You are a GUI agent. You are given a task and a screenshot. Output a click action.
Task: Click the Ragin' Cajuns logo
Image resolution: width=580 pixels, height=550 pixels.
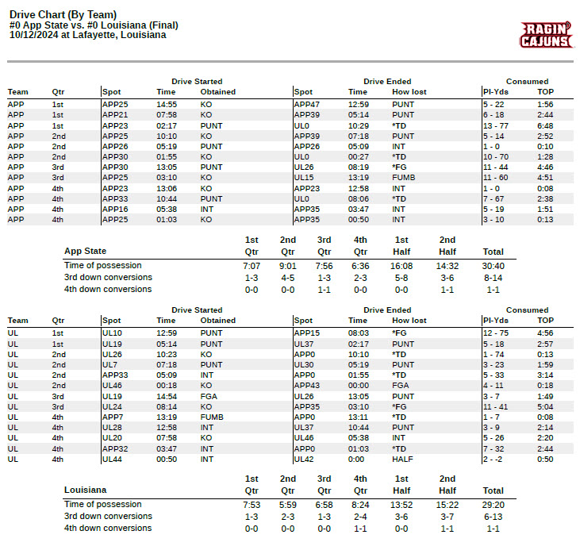(546, 35)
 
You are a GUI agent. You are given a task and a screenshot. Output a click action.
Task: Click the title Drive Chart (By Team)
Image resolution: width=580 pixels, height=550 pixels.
(63, 14)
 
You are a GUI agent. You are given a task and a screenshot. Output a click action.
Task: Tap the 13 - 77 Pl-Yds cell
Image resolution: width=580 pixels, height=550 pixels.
(496, 125)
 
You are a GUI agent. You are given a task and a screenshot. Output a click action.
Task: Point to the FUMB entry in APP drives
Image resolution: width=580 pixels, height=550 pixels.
(402, 178)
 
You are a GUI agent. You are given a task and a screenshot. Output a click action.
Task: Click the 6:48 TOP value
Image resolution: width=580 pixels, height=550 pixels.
(545, 125)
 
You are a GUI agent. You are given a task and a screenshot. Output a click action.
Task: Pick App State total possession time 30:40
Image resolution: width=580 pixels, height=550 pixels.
(493, 265)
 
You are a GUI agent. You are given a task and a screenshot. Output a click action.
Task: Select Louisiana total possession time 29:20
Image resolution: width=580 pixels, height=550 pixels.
(493, 504)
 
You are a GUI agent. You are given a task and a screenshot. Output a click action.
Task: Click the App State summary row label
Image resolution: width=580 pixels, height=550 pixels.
(85, 252)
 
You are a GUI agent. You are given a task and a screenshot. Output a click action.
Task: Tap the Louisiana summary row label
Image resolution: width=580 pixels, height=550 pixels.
(85, 490)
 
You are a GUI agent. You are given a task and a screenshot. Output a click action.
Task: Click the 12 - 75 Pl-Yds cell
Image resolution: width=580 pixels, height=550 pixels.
(496, 333)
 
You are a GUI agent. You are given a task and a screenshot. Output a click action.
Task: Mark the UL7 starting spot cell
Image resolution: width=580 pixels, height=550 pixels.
(110, 364)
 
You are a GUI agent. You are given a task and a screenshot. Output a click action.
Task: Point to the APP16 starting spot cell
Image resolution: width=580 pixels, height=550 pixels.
(115, 209)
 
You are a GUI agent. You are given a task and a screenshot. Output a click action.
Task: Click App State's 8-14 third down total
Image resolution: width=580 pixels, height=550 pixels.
(493, 278)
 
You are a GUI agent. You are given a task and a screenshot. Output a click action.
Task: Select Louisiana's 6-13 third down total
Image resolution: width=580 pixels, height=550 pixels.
(493, 516)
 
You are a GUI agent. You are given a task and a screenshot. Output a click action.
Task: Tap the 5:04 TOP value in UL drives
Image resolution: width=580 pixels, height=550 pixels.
(545, 406)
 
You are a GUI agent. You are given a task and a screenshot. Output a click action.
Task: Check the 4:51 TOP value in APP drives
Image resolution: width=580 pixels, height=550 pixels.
(545, 178)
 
